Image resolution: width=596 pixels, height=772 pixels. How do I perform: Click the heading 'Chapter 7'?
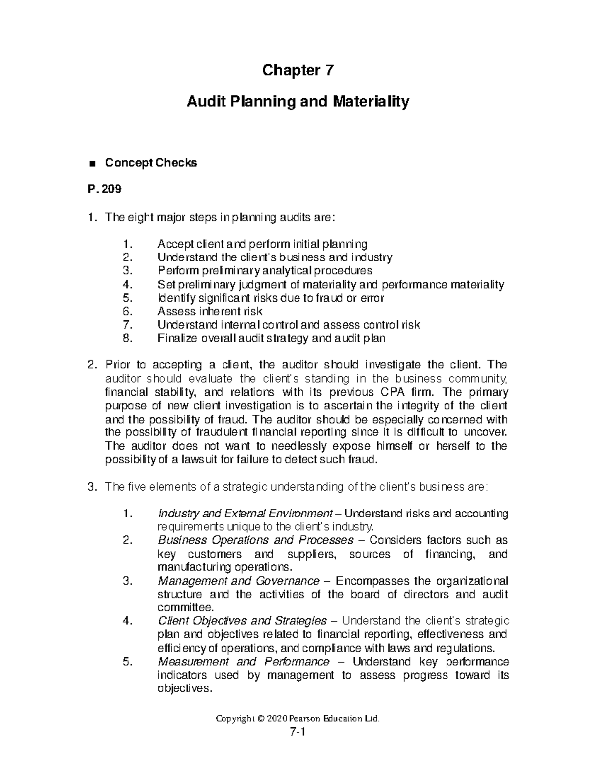pyautogui.click(x=298, y=71)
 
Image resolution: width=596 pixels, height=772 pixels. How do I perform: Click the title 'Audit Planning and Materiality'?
pyautogui.click(x=298, y=102)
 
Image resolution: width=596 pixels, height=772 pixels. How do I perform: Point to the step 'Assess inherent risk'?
pyautogui.click(x=210, y=311)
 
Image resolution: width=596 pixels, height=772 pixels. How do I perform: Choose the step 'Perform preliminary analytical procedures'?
pyautogui.click(x=264, y=271)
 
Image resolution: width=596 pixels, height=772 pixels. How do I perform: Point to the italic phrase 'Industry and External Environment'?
pyautogui.click(x=245, y=514)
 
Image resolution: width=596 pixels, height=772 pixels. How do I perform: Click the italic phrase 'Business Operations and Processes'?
pyautogui.click(x=255, y=540)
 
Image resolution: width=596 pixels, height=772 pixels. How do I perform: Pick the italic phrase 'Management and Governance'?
pyautogui.click(x=238, y=581)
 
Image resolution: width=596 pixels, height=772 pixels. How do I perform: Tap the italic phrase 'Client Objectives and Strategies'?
pyautogui.click(x=242, y=621)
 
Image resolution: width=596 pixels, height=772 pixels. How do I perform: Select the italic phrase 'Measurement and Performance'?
pyautogui.click(x=243, y=662)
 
